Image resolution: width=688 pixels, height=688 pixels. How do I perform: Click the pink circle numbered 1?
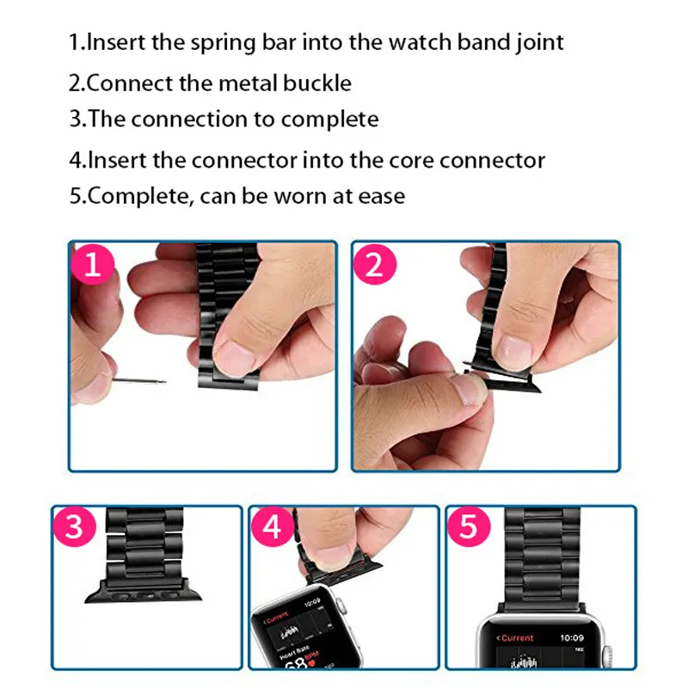click(95, 266)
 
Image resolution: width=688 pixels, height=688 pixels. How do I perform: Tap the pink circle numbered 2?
click(375, 266)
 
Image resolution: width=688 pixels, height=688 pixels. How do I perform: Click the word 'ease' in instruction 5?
click(378, 196)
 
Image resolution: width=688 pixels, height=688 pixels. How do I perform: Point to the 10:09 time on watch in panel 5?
click(572, 638)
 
